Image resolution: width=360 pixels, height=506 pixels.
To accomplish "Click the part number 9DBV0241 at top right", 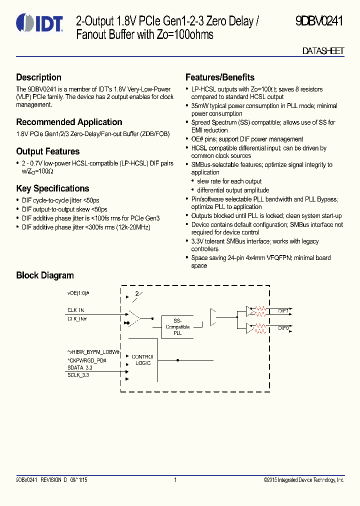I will click(x=319, y=22).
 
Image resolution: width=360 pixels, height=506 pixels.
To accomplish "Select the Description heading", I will click(x=38, y=77).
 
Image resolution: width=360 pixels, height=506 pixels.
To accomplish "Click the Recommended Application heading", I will click(x=69, y=122).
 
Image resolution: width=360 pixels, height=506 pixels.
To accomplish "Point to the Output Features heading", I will click(x=47, y=151).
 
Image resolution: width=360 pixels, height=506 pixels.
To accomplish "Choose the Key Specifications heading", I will click(x=52, y=188).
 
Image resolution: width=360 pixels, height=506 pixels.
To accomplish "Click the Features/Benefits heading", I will click(x=219, y=77).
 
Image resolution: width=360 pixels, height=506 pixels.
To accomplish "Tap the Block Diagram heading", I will click(x=44, y=275).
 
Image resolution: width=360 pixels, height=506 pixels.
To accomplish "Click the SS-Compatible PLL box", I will click(x=177, y=327).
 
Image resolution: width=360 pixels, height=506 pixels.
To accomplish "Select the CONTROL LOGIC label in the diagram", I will click(x=143, y=360).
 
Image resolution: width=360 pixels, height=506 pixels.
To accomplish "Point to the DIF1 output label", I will click(x=283, y=311).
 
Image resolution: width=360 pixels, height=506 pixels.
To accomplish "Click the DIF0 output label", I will click(x=283, y=328).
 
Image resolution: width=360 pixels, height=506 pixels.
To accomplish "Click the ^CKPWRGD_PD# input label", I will click(x=87, y=360).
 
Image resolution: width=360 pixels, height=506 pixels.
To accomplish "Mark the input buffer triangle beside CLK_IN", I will click(x=134, y=316).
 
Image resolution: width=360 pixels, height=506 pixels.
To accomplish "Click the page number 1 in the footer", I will click(x=175, y=480).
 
